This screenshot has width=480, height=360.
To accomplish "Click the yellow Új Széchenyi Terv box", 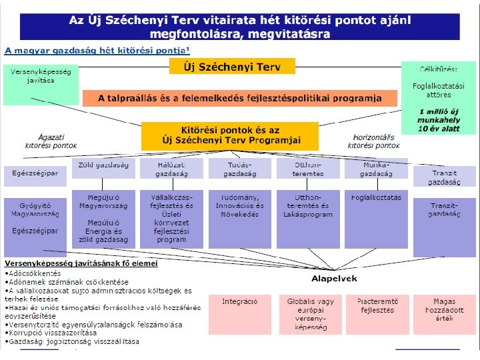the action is click(x=232, y=66).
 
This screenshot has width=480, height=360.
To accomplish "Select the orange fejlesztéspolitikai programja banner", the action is click(x=239, y=99).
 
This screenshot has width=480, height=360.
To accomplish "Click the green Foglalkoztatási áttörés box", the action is click(x=438, y=97).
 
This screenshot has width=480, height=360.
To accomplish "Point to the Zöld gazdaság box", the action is click(x=103, y=168).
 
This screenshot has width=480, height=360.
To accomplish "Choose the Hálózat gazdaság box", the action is click(x=171, y=168).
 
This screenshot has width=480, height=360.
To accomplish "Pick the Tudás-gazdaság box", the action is click(x=239, y=168).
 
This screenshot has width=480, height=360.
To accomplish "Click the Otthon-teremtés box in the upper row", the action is click(x=309, y=168).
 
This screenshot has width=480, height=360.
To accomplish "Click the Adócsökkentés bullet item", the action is click(x=33, y=273).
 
